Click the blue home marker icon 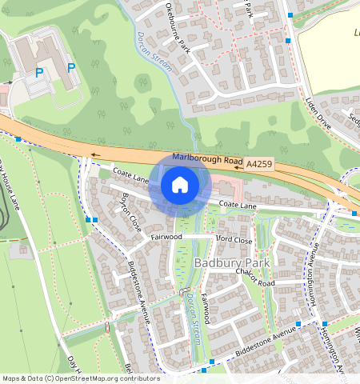pos(180,185)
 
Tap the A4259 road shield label pos(259,164)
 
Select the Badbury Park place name pos(232,262)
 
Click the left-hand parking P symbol pos(39,73)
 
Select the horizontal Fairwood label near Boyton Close pos(166,238)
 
